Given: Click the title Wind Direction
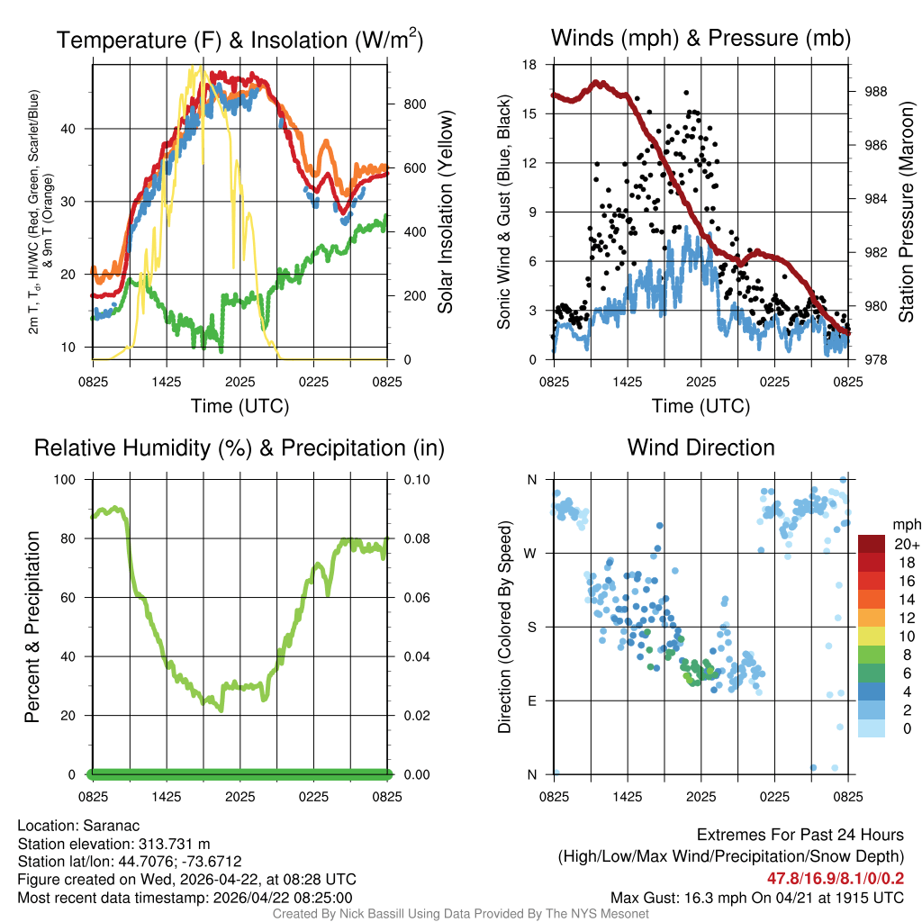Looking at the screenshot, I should pos(701,447).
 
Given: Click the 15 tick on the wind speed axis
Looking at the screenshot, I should pos(530,114).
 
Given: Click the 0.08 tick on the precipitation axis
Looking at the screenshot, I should pos(416,538).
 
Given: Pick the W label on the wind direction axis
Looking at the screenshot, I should pos(530,553).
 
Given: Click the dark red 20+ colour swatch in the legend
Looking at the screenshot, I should pos(872,544).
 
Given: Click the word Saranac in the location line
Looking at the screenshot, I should pos(111,826).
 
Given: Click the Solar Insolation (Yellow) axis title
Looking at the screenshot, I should pos(446,212).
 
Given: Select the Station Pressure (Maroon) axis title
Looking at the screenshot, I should pos(906,212).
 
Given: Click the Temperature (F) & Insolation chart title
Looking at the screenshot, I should pos(240,41).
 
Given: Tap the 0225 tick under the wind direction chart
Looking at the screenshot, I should pos(774,797).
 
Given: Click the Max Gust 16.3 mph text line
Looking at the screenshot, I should pos(756,897).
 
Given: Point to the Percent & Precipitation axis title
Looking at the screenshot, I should pos(32,627).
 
